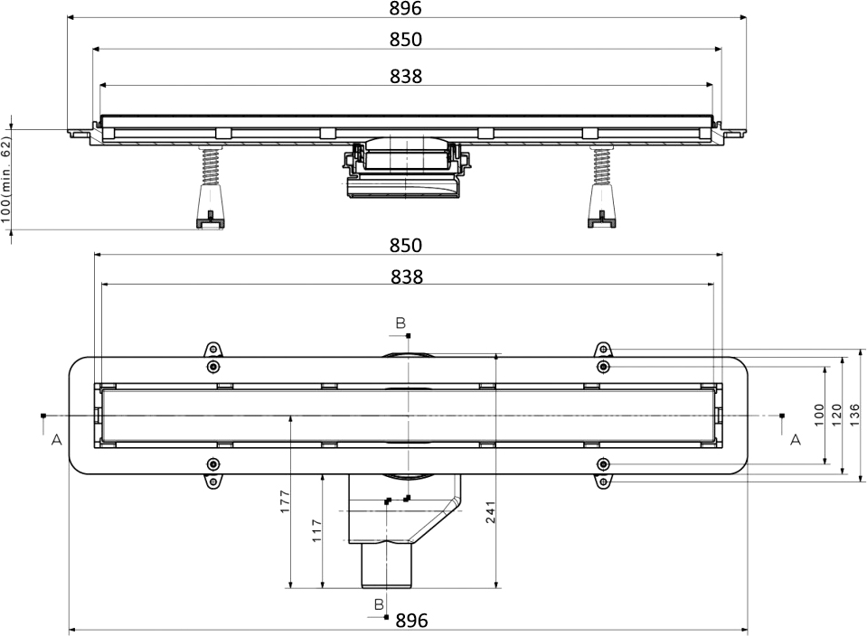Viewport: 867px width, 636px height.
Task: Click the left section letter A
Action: [x=56, y=440]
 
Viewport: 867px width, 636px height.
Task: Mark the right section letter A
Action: [x=796, y=440]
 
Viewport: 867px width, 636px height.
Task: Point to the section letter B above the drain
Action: [x=400, y=322]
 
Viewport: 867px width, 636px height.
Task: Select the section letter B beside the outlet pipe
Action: [x=379, y=603]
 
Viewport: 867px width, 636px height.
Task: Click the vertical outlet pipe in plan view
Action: [x=385, y=565]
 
